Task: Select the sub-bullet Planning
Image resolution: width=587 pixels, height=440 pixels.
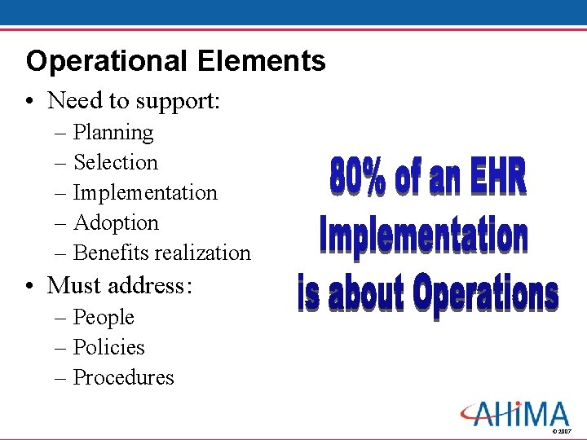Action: pos(113,132)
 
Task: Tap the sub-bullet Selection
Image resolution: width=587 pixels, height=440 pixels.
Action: pos(116,162)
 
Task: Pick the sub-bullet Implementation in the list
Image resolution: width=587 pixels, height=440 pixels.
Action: pos(145,192)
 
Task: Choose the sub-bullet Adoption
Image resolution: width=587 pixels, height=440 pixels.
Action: pos(116,222)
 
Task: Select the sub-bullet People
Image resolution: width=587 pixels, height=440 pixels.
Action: pos(104,317)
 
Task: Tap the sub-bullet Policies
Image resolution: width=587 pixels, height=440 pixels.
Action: pos(108,347)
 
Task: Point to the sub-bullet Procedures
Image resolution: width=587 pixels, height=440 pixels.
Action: pos(123,377)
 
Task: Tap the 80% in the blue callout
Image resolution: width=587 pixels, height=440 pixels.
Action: pos(356,177)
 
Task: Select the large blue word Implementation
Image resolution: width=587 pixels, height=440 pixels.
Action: pos(423,235)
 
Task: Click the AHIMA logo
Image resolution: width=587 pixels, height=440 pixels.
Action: pos(514,413)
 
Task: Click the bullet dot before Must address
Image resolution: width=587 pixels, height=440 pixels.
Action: pos(29,286)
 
